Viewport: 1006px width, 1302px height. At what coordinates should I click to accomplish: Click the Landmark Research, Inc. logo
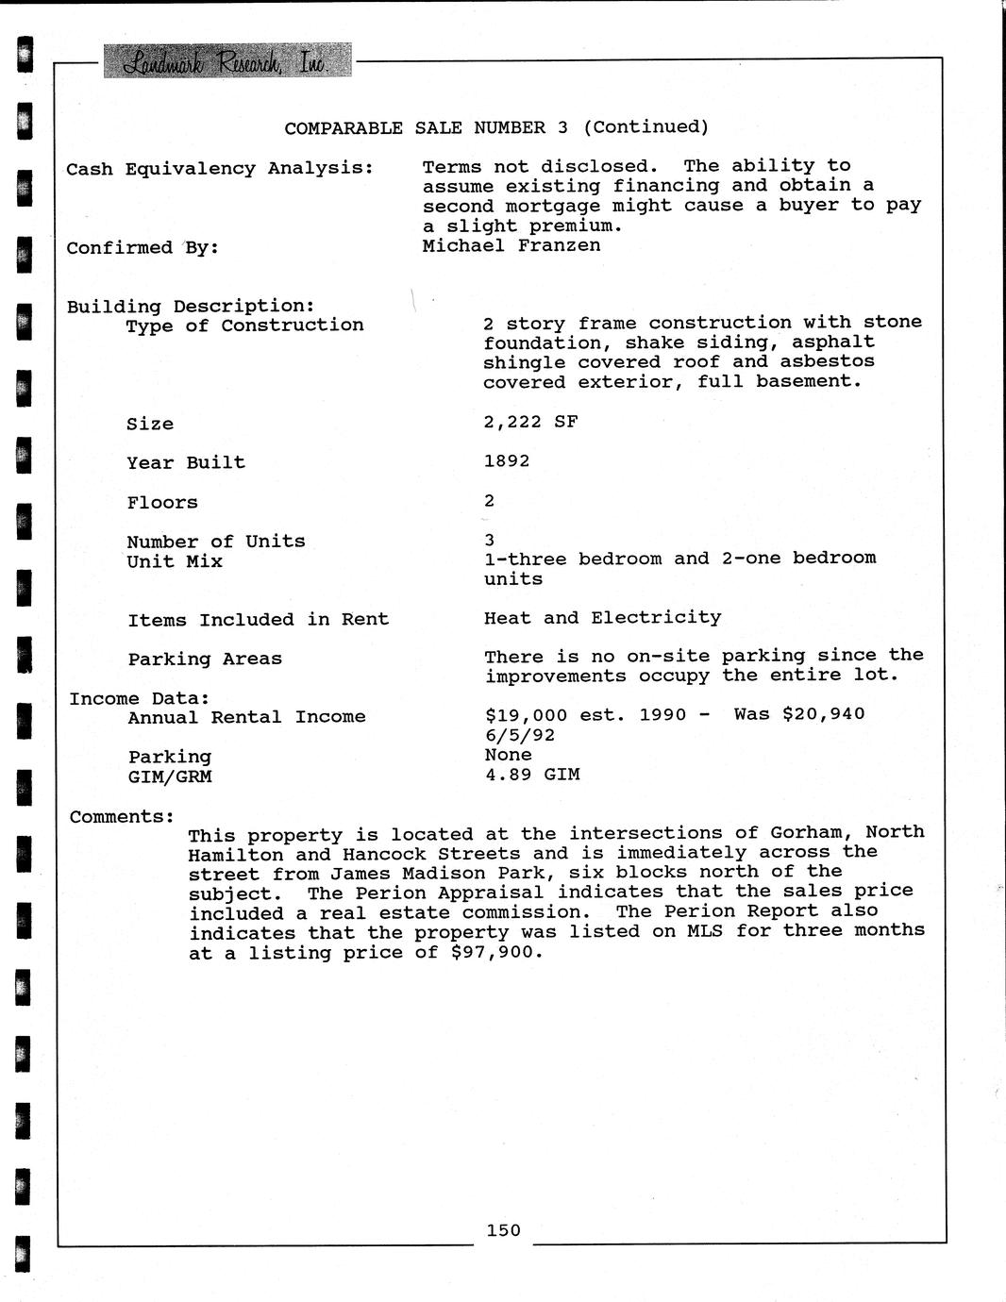[x=226, y=62]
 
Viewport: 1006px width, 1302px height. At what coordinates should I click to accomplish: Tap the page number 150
[x=503, y=1229]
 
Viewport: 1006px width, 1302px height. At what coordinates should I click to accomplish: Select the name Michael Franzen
[x=511, y=245]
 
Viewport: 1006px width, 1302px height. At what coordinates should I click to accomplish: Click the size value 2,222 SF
[x=530, y=422]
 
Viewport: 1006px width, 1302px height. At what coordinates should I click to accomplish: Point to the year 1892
[x=507, y=460]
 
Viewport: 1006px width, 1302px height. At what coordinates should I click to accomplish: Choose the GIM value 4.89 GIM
[x=532, y=775]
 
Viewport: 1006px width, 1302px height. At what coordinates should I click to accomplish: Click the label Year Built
[x=186, y=462]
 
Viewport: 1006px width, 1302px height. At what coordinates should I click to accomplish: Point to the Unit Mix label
[x=175, y=561]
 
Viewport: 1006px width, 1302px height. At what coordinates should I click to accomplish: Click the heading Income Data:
[x=139, y=698]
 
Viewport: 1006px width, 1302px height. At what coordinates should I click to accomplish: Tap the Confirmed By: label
[x=143, y=248]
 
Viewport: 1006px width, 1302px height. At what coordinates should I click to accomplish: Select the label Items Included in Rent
[x=259, y=620]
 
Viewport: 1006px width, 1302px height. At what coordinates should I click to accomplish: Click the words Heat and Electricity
[x=602, y=618]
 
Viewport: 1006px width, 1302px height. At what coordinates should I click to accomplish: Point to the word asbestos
[x=828, y=361]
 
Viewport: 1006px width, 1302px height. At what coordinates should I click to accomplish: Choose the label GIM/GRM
[x=170, y=776]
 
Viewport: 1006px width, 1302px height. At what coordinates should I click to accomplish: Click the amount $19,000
[x=526, y=714]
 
